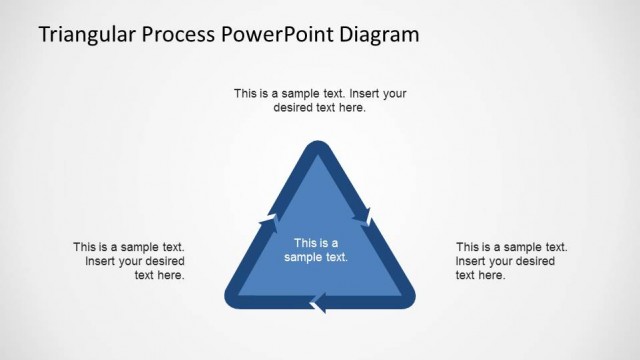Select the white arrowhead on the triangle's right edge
(x=367, y=216)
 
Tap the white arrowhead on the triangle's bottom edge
(x=319, y=301)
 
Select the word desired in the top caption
(x=295, y=108)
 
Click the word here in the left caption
(x=172, y=276)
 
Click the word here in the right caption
(x=492, y=276)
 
